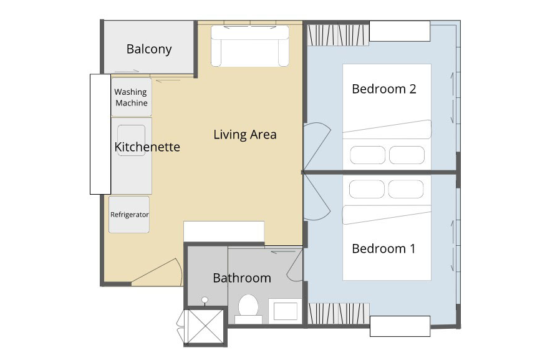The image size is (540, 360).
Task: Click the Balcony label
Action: pyautogui.click(x=149, y=49)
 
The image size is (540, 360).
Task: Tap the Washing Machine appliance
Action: pyautogui.click(x=131, y=97)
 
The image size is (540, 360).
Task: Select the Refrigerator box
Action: pyautogui.click(x=129, y=215)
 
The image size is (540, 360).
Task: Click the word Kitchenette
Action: pyautogui.click(x=147, y=147)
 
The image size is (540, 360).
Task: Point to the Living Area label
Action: pyautogui.click(x=244, y=134)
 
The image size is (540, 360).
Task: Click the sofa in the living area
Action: pyautogui.click(x=249, y=47)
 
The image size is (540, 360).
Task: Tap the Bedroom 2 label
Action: pyautogui.click(x=383, y=89)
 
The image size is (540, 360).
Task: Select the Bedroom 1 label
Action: pyautogui.click(x=383, y=248)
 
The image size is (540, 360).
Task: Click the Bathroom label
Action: pyautogui.click(x=242, y=278)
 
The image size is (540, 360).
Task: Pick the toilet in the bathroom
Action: pyautogui.click(x=249, y=308)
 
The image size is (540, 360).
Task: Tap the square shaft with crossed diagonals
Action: pyautogui.click(x=206, y=327)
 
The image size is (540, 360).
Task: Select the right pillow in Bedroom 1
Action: pyautogui.click(x=406, y=188)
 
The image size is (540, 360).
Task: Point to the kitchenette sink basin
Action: pyautogui.click(x=131, y=140)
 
